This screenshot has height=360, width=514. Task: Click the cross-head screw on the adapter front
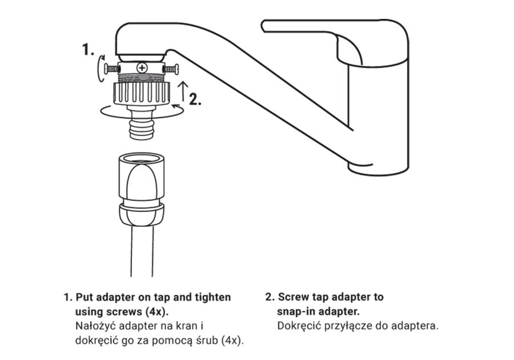(x=142, y=68)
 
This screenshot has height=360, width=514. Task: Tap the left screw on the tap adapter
(x=111, y=69)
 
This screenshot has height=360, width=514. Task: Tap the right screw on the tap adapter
(x=171, y=69)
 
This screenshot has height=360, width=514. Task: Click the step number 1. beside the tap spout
(x=88, y=49)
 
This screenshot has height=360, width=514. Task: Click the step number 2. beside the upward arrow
(x=195, y=99)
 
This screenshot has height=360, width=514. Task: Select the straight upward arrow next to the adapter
(x=183, y=91)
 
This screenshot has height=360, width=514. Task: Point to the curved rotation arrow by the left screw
(x=101, y=68)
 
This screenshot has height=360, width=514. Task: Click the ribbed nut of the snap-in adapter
(x=142, y=94)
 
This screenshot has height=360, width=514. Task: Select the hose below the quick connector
(x=142, y=251)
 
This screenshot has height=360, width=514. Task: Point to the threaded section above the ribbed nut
(x=142, y=78)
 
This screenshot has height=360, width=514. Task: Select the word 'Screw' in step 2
(x=294, y=297)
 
